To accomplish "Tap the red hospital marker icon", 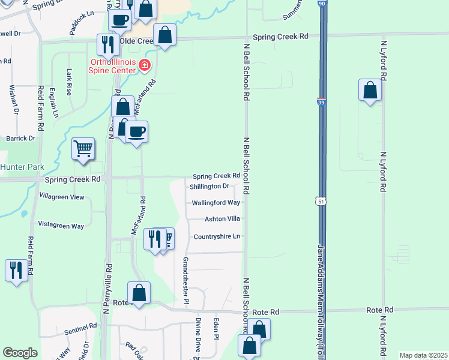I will [144, 65].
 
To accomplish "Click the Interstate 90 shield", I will [322, 4].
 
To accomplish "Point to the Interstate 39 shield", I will [322, 103].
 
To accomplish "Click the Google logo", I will [20, 353].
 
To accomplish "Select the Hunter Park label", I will [19, 166].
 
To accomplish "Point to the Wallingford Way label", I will [215, 203].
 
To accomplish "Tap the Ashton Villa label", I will [222, 219].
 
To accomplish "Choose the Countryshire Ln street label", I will [217, 236].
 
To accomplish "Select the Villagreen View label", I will [61, 197].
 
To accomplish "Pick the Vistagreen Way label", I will [61, 226].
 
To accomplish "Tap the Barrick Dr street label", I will [21, 138].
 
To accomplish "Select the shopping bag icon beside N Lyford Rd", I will [370, 91].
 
